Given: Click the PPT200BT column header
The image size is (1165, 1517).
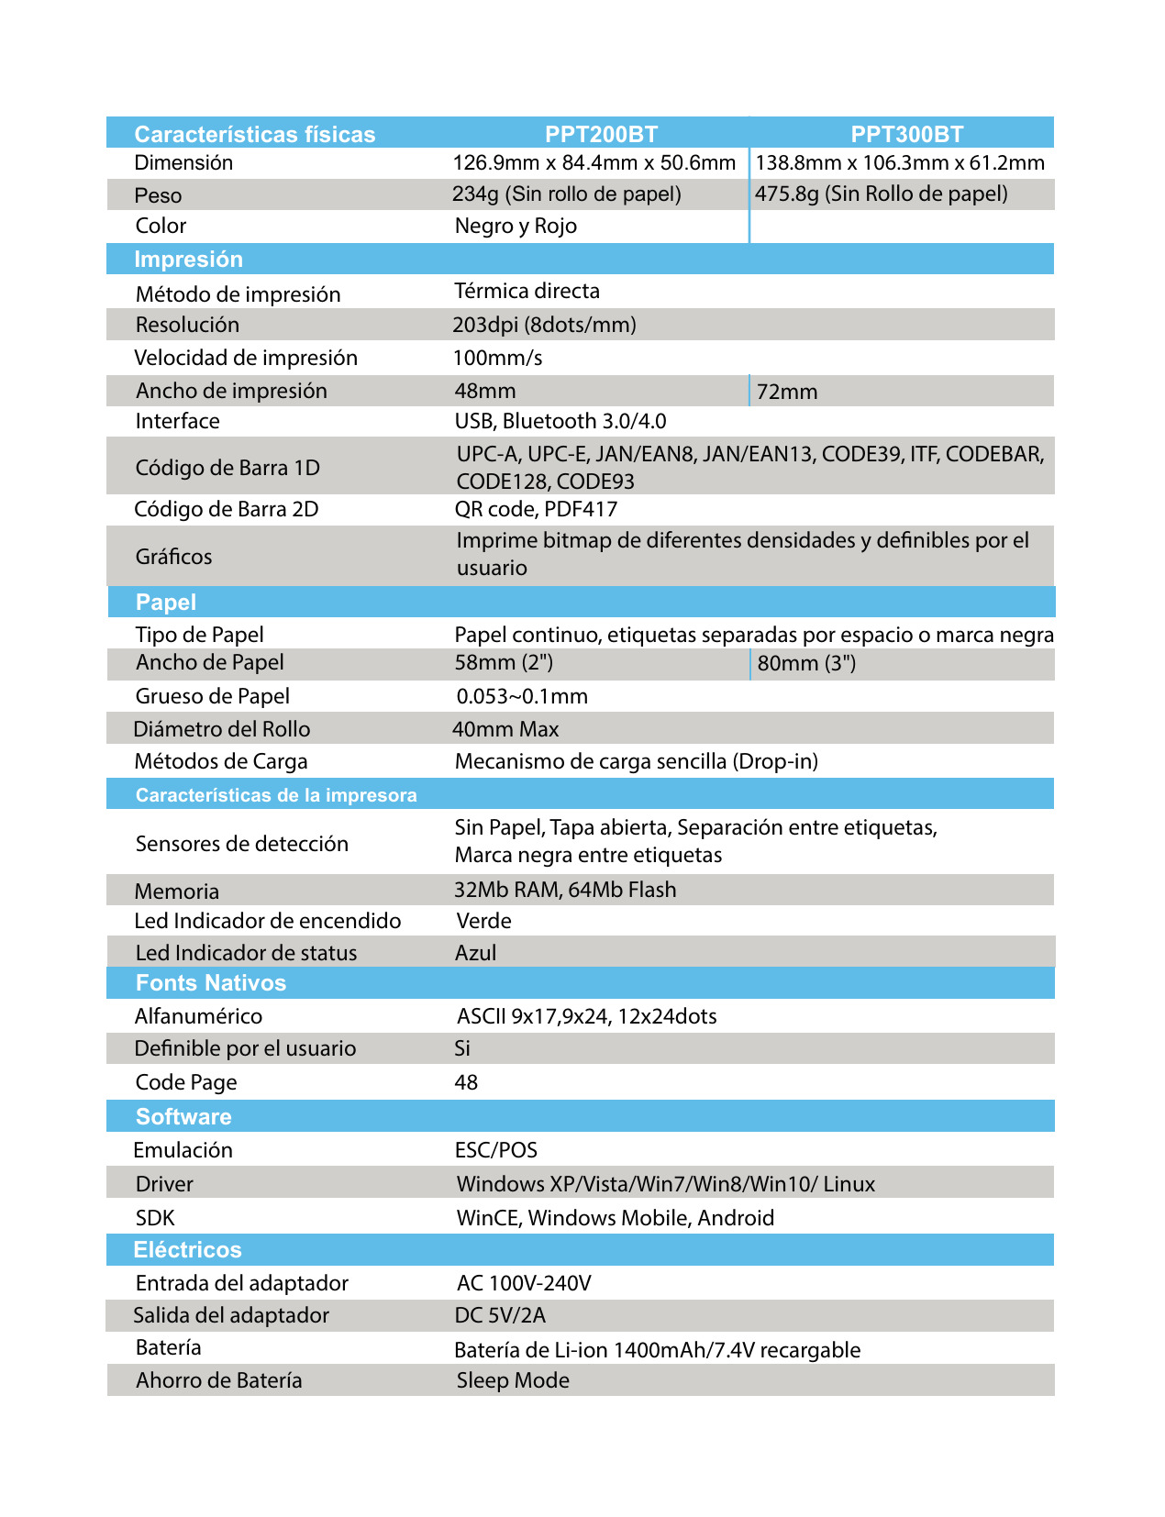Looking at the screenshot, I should pyautogui.click(x=601, y=134).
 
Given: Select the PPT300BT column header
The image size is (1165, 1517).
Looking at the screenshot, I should pyautogui.click(x=906, y=134).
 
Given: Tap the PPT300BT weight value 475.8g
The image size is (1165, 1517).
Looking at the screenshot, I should pyautogui.click(x=881, y=194).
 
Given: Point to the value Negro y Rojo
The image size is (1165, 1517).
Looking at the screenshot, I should pyautogui.click(x=516, y=226).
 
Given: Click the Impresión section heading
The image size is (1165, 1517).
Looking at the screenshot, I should pyautogui.click(x=188, y=259).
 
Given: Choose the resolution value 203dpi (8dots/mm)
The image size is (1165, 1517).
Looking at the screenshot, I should pyautogui.click(x=544, y=325).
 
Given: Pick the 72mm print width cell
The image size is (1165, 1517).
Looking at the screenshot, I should pyautogui.click(x=787, y=392).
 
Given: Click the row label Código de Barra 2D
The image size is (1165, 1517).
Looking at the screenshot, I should pyautogui.click(x=226, y=509).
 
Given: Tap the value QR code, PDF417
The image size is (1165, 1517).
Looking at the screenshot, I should pyautogui.click(x=536, y=509).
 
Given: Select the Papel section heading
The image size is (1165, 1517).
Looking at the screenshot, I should pyautogui.click(x=166, y=602).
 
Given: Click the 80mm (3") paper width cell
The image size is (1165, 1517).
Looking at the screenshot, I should pyautogui.click(x=806, y=663).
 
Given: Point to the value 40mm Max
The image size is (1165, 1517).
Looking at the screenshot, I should pyautogui.click(x=505, y=729).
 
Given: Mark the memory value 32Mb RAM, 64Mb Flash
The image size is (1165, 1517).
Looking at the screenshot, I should pyautogui.click(x=565, y=890).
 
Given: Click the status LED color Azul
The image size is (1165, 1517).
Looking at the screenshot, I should pyautogui.click(x=475, y=953).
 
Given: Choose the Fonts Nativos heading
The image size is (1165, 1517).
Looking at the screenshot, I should pyautogui.click(x=211, y=983).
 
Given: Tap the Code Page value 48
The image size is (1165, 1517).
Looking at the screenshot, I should pyautogui.click(x=466, y=1082).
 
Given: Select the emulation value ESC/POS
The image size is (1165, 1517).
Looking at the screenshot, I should pyautogui.click(x=495, y=1150).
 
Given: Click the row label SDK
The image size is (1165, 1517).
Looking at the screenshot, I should pyautogui.click(x=155, y=1218).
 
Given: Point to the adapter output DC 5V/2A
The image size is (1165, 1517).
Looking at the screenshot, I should pyautogui.click(x=500, y=1315).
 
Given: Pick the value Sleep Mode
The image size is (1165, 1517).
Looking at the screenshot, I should pyautogui.click(x=513, y=1380).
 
